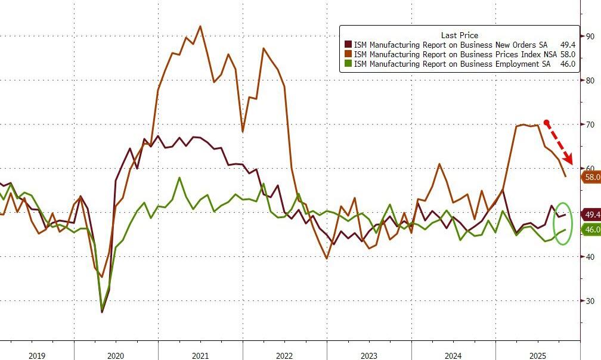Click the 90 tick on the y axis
point(590,36)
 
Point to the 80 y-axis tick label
point(590,80)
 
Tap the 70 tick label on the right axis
point(590,125)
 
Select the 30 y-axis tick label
point(590,300)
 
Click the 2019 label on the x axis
point(37,356)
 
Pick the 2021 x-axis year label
point(200,356)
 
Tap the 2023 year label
point(369,356)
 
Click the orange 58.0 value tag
point(592,177)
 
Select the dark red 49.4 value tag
point(592,215)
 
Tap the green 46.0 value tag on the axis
point(592,230)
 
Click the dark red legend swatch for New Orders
point(349,45)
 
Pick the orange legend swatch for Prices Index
point(349,54)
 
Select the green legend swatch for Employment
point(349,64)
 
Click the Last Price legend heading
point(459,35)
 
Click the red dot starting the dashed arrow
point(546,123)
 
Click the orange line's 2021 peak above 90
point(200,26)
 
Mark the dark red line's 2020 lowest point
point(102,312)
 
